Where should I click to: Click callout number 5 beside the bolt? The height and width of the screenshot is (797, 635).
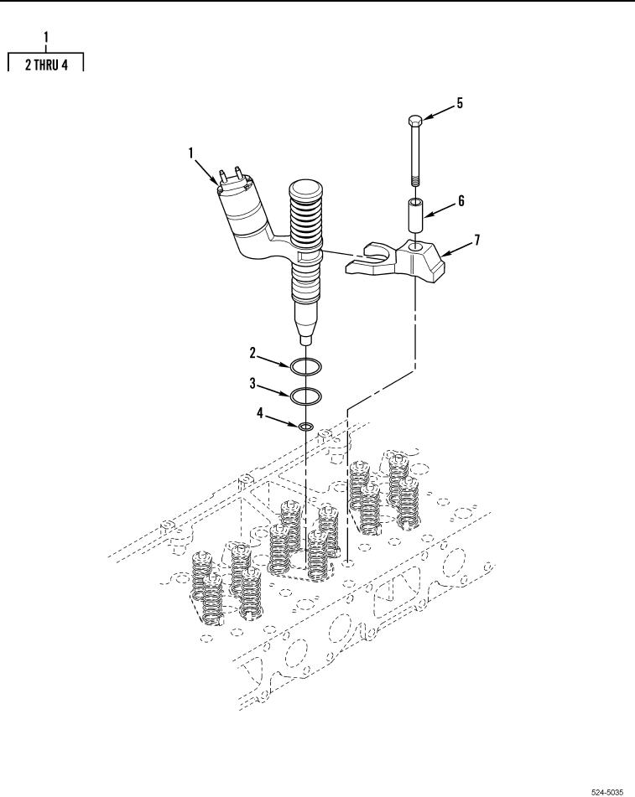pos(460,103)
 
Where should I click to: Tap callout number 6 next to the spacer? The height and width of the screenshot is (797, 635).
pos(461,201)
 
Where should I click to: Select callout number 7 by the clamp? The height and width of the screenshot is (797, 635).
pos(476,240)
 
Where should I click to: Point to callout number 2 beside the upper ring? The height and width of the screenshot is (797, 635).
pos(252,353)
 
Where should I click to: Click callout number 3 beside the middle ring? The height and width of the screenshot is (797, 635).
pos(252,383)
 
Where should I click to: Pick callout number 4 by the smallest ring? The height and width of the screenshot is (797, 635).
pos(260,414)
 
